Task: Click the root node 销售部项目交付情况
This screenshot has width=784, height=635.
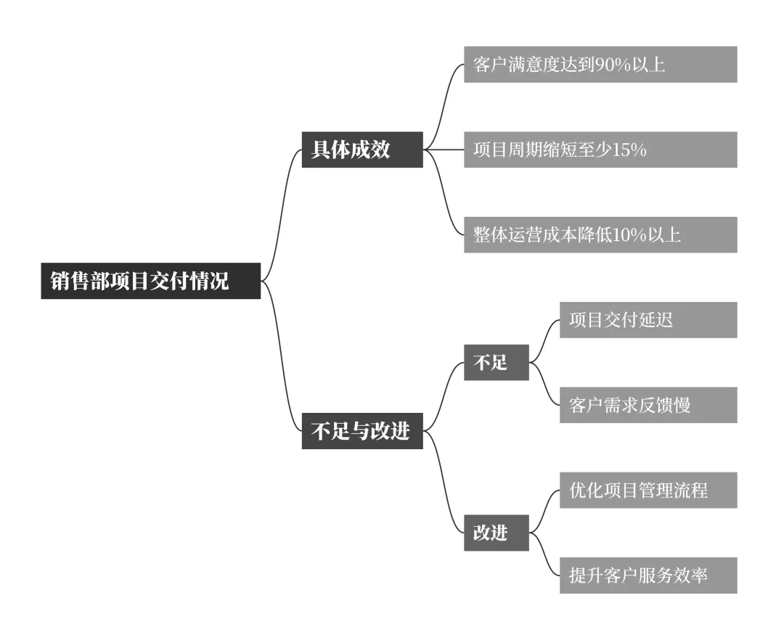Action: point(150,281)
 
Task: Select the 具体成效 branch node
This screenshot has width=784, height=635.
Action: point(362,149)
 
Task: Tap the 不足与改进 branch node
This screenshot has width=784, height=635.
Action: point(362,431)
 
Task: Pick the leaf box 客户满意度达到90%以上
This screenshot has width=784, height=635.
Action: point(600,65)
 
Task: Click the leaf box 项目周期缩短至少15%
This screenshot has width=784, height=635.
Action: point(600,149)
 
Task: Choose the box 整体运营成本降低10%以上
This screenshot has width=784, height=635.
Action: point(600,234)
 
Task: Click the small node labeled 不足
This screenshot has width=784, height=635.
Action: point(497,362)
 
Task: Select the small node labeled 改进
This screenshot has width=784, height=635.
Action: point(497,533)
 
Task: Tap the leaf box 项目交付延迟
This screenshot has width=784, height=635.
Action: point(648,320)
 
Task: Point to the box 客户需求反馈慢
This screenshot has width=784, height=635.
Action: point(648,405)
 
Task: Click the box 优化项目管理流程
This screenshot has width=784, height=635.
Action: point(648,490)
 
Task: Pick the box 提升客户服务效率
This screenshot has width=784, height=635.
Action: point(648,575)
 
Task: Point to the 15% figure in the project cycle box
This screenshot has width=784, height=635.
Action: point(629,150)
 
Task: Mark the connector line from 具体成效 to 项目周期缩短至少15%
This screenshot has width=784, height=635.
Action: point(444,149)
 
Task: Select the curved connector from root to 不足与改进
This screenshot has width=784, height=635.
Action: point(280,356)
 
